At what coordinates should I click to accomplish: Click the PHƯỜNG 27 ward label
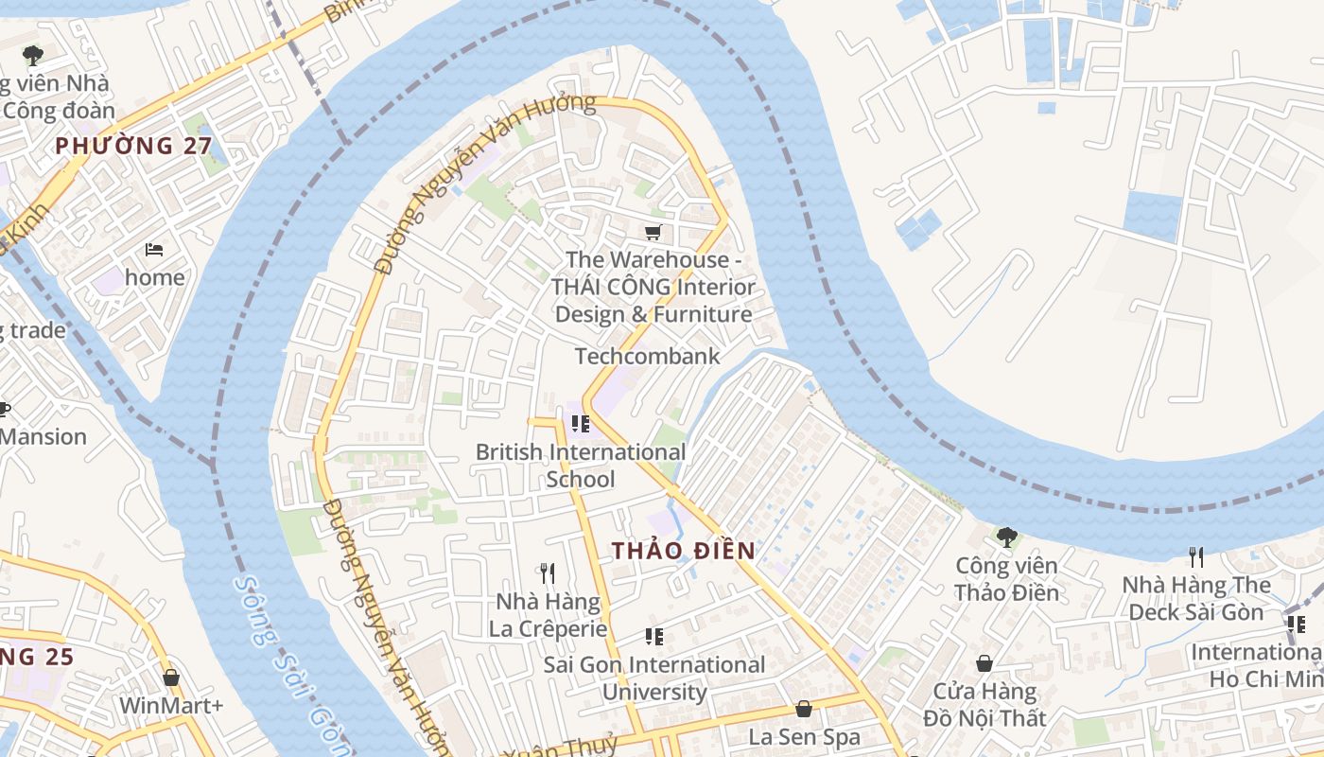(x=132, y=146)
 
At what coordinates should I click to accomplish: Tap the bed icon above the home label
(x=154, y=250)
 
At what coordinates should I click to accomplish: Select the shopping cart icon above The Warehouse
(x=653, y=232)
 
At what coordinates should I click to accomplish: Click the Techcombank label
(x=648, y=357)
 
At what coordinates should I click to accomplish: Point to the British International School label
(x=580, y=466)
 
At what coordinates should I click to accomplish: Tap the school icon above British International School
(x=580, y=424)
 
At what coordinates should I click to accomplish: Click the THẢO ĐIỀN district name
(x=683, y=551)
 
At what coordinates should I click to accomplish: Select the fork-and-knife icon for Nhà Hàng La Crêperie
(x=547, y=572)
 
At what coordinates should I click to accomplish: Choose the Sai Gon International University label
(x=653, y=678)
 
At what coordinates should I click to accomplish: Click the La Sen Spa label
(x=804, y=736)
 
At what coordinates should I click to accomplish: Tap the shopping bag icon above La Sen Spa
(x=804, y=709)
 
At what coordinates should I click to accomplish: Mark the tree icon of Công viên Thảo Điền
(x=1006, y=537)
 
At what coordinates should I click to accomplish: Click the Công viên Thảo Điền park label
(x=1006, y=579)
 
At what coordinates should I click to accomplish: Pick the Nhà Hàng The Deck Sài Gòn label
(x=1196, y=598)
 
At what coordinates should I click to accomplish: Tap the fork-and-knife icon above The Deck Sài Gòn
(x=1196, y=556)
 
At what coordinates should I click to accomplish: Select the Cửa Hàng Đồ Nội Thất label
(x=984, y=704)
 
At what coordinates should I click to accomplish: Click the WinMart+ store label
(x=171, y=706)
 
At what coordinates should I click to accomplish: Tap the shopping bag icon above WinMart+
(x=171, y=678)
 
